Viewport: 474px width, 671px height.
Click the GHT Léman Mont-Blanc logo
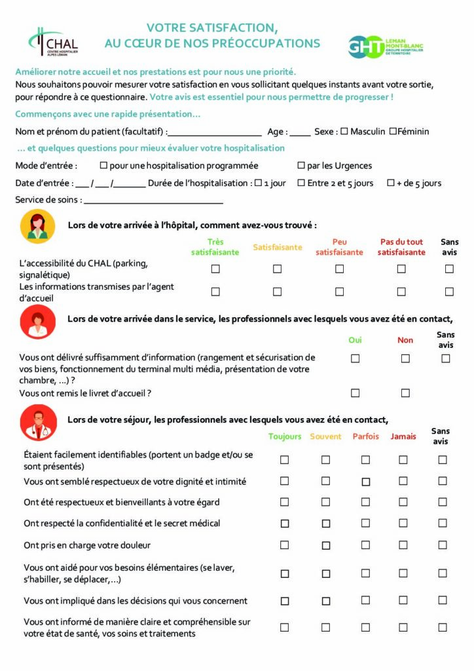(385, 46)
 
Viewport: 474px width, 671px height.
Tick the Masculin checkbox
(344, 131)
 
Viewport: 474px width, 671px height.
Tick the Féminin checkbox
(393, 131)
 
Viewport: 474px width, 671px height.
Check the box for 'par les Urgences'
(301, 166)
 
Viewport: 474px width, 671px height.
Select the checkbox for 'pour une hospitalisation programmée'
(103, 166)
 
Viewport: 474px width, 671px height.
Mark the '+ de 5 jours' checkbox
(391, 183)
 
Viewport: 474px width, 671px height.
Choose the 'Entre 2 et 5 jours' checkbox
(301, 183)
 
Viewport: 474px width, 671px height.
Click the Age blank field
(300, 132)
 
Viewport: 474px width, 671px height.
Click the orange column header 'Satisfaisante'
(278, 247)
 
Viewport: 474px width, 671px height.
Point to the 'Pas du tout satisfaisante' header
(401, 247)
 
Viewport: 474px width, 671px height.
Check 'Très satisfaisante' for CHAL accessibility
(215, 269)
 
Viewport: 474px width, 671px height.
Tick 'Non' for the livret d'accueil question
(405, 393)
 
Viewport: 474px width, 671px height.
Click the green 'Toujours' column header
(285, 436)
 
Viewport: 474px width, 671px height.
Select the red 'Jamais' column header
(403, 436)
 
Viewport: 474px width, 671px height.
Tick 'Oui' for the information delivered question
(355, 358)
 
